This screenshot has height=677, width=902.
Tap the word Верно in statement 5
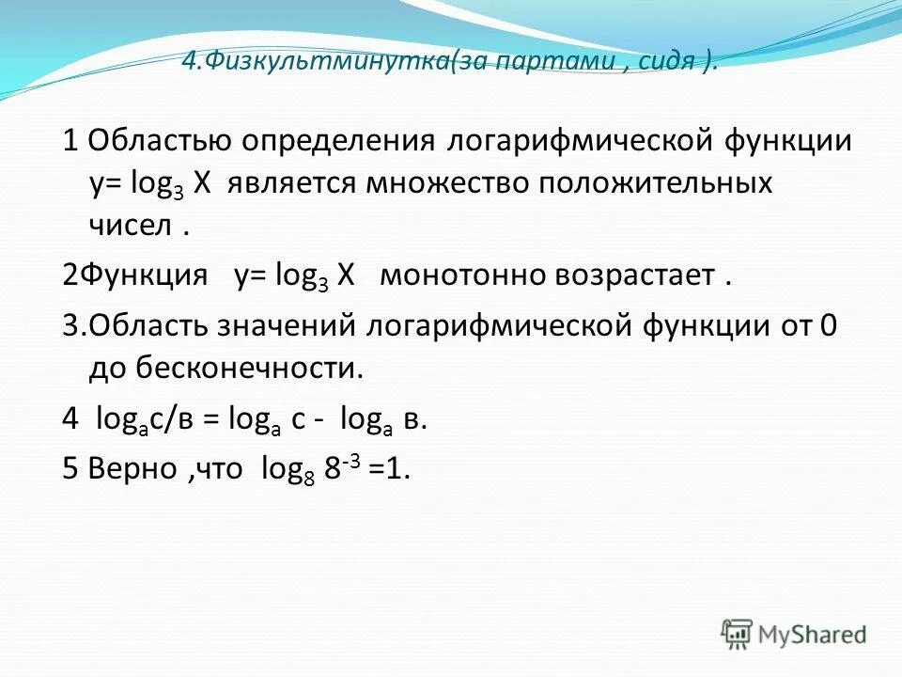[131, 470]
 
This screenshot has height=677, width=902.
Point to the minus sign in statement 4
[322, 420]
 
